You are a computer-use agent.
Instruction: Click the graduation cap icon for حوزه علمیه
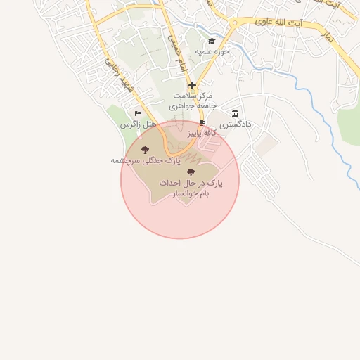[212, 40]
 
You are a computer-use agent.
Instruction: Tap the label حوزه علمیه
[213, 52]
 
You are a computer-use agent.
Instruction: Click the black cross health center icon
[192, 85]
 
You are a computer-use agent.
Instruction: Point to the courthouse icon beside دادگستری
[235, 113]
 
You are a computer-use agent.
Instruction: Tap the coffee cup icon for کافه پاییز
[202, 122]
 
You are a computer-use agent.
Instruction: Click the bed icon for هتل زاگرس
[138, 113]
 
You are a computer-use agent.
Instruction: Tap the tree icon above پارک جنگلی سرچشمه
[146, 150]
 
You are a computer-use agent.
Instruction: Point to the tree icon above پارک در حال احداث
[191, 172]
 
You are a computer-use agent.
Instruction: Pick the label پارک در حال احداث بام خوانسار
[189, 187]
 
